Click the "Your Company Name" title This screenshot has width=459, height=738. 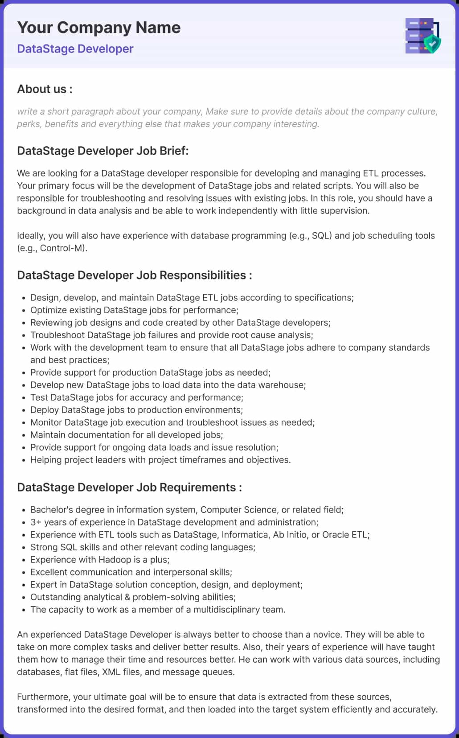[98, 28]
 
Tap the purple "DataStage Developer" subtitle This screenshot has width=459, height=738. [75, 49]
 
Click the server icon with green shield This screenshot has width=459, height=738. [422, 36]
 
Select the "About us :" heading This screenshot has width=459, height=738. [45, 89]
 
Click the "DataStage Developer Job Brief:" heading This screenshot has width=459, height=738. [102, 151]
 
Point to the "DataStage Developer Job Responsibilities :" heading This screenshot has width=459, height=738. [134, 275]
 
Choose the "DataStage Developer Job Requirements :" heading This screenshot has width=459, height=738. [129, 487]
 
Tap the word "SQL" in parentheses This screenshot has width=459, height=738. [321, 236]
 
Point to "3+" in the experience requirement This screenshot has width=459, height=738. [36, 522]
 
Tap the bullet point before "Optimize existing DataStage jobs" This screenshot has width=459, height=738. [23, 311]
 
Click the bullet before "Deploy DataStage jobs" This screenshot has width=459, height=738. [23, 410]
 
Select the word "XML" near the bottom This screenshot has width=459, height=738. [111, 672]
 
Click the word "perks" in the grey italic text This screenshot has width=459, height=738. [29, 124]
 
